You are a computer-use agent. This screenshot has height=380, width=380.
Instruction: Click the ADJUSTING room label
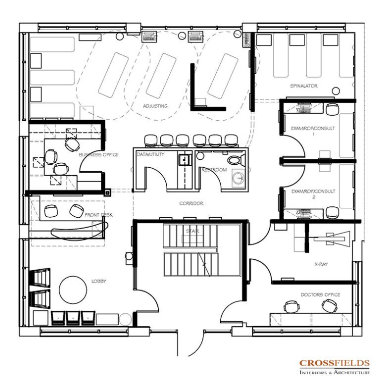[155, 106]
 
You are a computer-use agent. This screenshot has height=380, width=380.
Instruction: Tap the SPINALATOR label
[304, 86]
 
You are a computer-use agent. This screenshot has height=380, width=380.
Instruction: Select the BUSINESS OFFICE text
[98, 155]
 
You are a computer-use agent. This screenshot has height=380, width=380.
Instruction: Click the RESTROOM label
[214, 170]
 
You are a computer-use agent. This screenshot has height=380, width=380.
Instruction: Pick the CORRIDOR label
[191, 203]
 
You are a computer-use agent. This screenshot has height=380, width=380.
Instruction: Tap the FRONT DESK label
[98, 215]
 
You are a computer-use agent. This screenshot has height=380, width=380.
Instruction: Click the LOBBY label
[98, 281]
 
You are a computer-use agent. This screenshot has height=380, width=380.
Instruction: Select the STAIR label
[192, 231]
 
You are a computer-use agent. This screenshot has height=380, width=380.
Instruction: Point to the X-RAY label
[321, 264]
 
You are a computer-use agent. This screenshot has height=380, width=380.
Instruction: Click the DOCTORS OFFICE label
[320, 295]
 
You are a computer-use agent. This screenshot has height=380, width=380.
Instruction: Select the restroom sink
[238, 177]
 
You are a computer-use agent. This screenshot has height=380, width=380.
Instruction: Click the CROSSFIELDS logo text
[334, 363]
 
